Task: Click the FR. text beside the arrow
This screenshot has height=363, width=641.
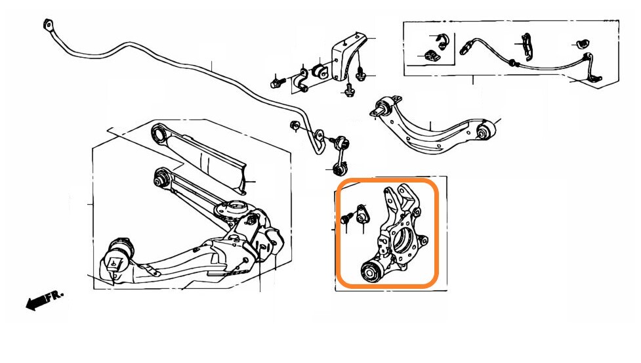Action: click(x=54, y=295)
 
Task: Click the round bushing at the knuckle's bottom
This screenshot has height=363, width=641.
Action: click(x=371, y=272)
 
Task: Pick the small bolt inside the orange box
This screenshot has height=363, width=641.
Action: click(x=346, y=219)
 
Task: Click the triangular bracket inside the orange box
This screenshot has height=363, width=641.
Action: click(x=362, y=215)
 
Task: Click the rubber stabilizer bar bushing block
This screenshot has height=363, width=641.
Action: click(x=321, y=70)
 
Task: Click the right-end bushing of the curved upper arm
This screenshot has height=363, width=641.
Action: click(x=486, y=130)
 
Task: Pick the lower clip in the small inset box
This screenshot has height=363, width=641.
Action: click(x=433, y=57)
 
